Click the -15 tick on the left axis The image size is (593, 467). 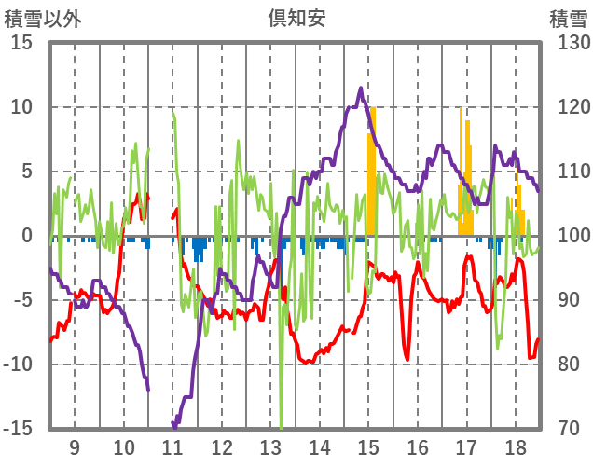(18, 429)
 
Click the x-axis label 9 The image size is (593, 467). (75, 446)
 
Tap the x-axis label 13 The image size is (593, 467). (270, 446)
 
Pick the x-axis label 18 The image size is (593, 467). (516, 446)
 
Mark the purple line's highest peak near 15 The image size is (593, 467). (361, 89)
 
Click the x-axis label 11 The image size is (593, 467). (172, 446)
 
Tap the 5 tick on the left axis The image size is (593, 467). (27, 172)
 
